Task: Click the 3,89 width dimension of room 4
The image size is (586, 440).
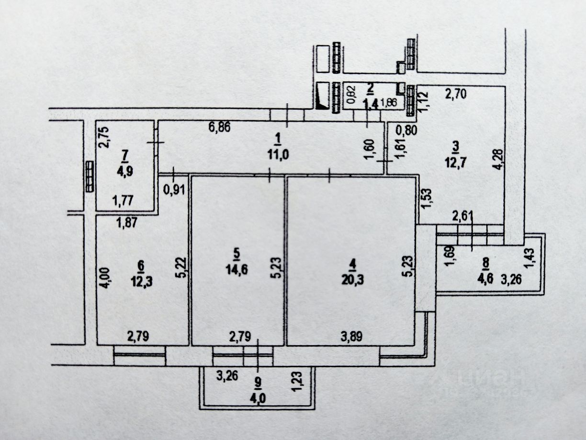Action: pyautogui.click(x=351, y=336)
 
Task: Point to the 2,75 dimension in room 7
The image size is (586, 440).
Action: pyautogui.click(x=106, y=136)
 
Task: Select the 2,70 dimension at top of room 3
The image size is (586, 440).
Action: pyautogui.click(x=455, y=94)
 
